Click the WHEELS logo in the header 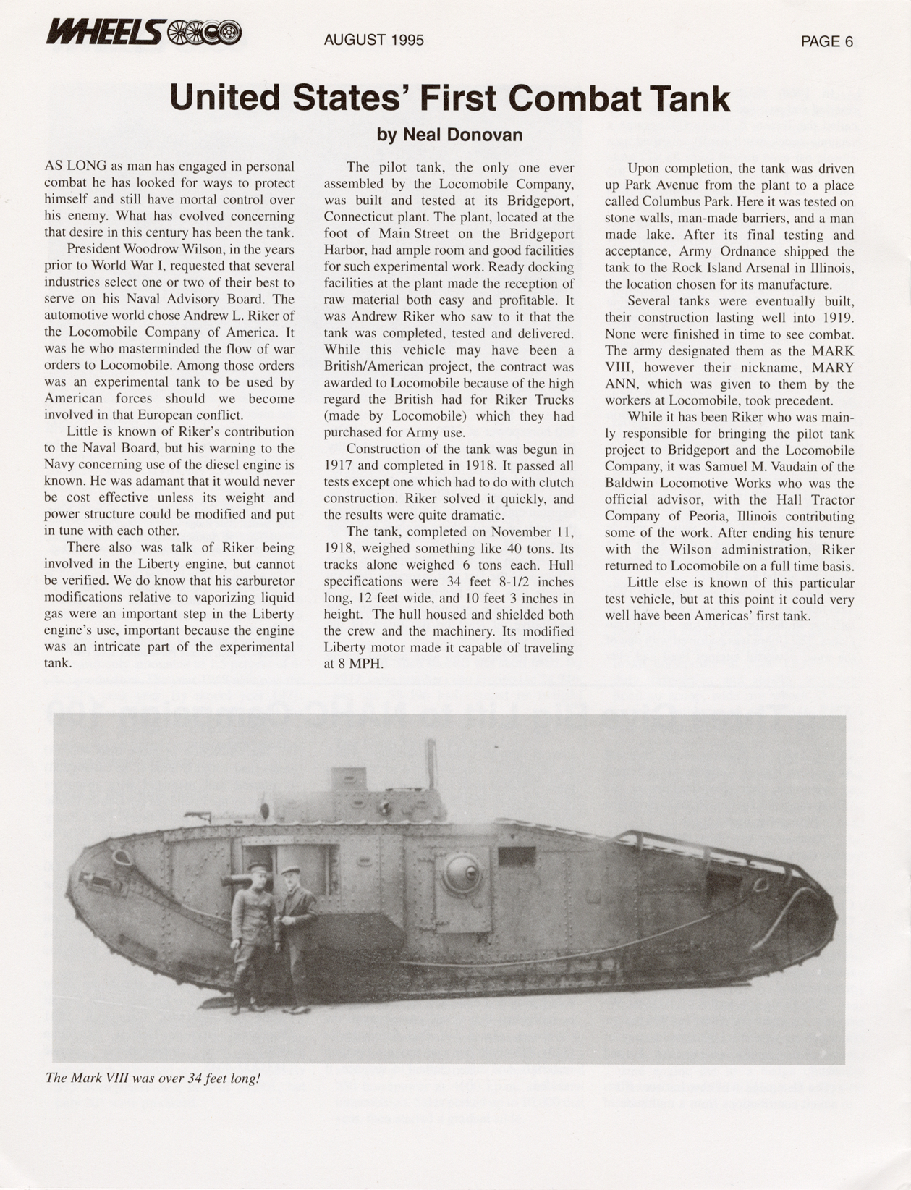point(143,32)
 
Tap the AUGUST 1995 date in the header point(373,41)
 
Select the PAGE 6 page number point(826,42)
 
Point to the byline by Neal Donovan point(449,135)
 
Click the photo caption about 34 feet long point(152,1078)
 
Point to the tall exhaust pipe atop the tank point(431,764)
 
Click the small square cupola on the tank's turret point(349,779)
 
